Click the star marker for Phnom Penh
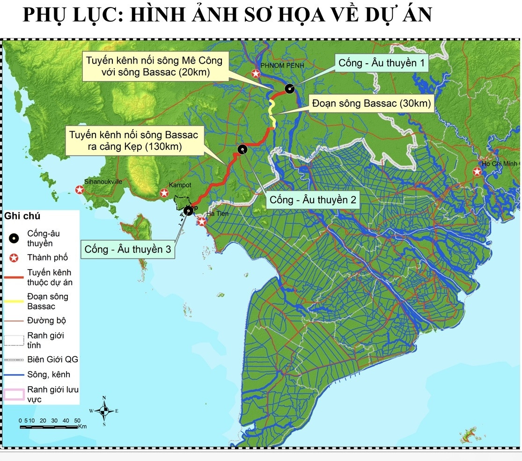256,73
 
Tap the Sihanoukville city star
80,190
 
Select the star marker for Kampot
164,193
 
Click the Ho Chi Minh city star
477,172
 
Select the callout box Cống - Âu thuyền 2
313,200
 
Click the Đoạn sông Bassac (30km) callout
371,103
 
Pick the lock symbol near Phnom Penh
290,88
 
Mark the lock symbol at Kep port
188,211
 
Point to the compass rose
104,411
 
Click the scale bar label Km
83,426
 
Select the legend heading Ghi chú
22,216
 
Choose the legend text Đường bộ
46,321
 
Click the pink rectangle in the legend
14,395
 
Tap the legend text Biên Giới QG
52,359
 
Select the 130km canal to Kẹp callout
133,141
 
